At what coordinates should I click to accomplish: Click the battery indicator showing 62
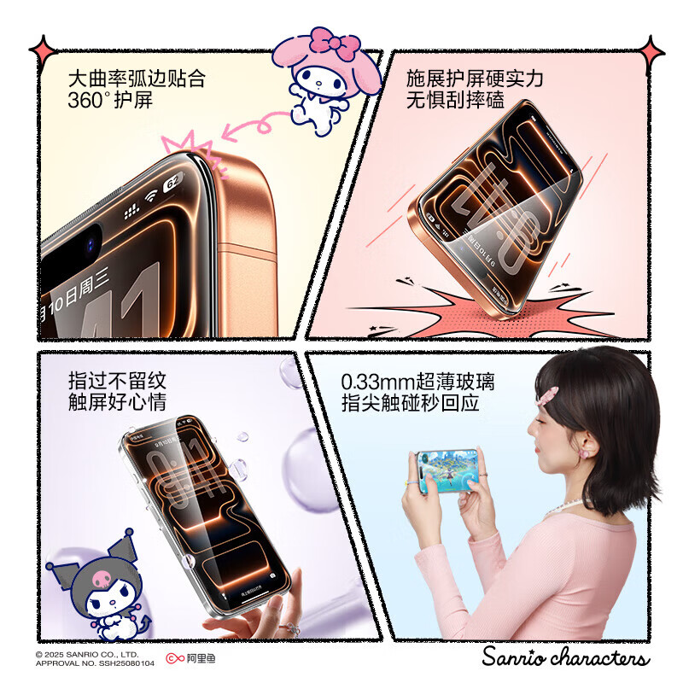(172, 181)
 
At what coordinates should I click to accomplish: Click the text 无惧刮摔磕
(455, 101)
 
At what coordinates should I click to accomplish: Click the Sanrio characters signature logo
(564, 657)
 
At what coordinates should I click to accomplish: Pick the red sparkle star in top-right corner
(652, 52)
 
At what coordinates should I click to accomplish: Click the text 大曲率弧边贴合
(137, 79)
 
